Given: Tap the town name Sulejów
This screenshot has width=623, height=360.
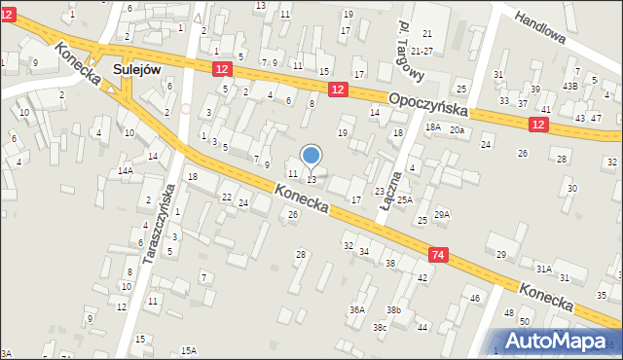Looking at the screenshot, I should (x=136, y=69).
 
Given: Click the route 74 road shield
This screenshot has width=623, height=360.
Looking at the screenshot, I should (x=438, y=255).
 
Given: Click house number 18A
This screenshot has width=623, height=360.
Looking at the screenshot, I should (x=432, y=127).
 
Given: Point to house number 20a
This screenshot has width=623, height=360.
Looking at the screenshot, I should (x=457, y=130).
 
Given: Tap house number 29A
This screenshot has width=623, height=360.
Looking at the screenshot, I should (x=442, y=214).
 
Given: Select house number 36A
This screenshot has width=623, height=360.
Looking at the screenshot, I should (x=357, y=309).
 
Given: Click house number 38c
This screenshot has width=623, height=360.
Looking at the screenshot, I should (x=379, y=327).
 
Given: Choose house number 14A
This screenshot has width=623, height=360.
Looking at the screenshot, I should (x=126, y=171).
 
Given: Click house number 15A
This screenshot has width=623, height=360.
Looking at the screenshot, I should (x=188, y=350).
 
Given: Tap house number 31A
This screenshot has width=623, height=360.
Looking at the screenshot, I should (x=543, y=269).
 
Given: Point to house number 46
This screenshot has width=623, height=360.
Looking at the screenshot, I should (x=475, y=298).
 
